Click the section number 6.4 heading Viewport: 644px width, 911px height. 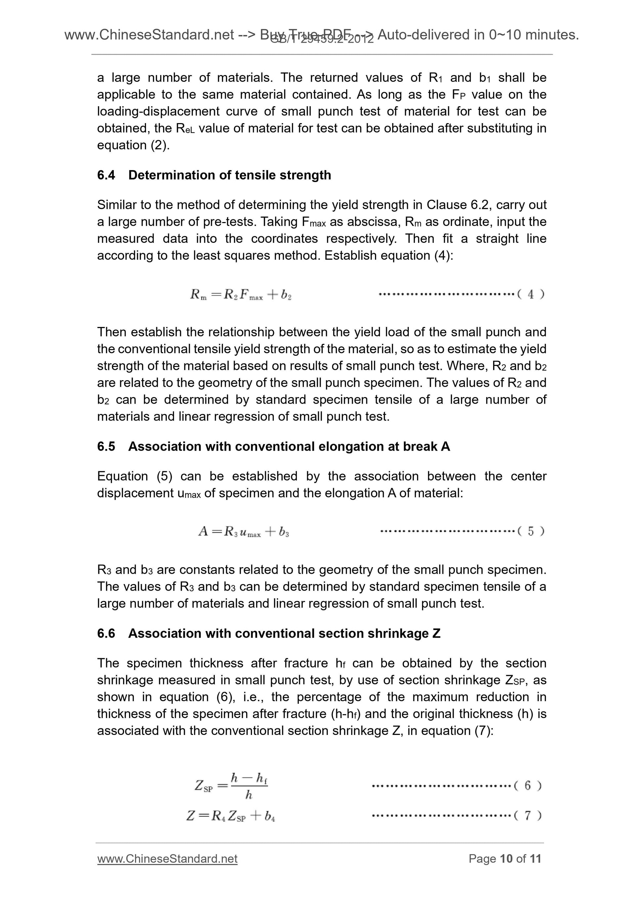106,175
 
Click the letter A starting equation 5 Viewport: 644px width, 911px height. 203,531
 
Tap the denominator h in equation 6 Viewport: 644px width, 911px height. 249,795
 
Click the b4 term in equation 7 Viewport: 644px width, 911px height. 270,816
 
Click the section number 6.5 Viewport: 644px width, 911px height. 106,446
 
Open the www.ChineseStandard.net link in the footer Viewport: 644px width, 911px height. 167,859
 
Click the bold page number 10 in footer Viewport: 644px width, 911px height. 506,859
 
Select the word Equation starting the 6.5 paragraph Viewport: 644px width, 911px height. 122,476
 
